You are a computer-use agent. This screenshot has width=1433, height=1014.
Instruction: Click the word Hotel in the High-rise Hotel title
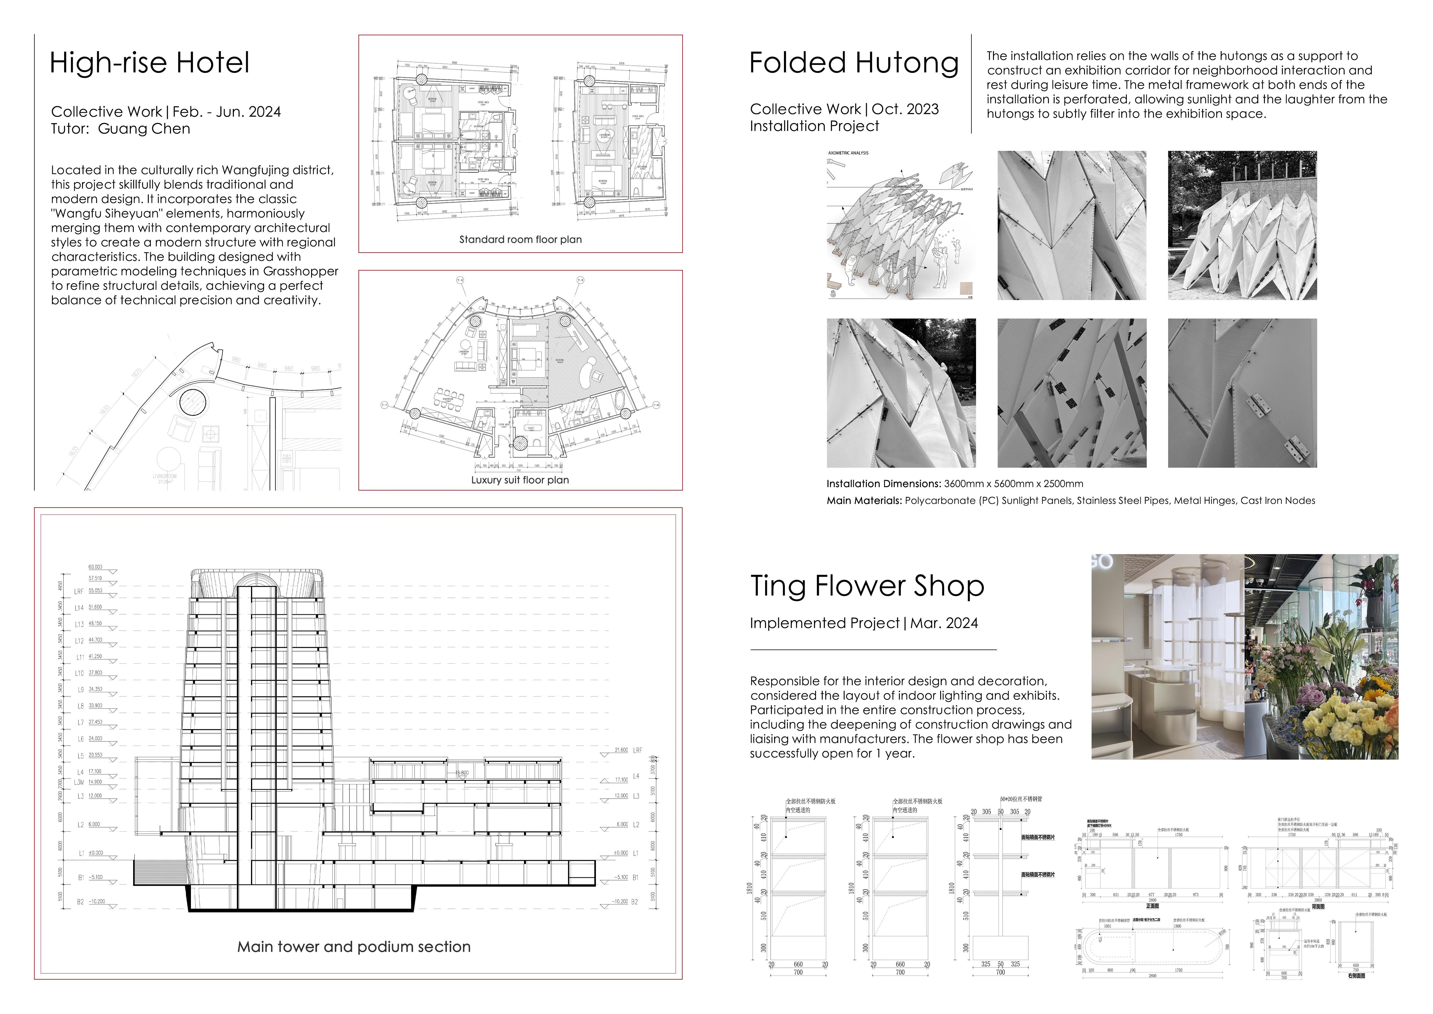[x=212, y=63]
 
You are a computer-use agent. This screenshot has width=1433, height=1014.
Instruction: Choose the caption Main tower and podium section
[x=354, y=947]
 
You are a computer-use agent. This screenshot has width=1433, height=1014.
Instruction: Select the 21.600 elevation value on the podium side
[x=621, y=750]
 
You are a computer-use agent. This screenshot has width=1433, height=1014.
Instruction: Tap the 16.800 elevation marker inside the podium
[x=462, y=773]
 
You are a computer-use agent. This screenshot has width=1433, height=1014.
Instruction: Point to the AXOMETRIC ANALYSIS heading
[x=848, y=153]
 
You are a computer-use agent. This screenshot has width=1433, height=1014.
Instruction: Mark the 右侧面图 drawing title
[x=1356, y=976]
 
